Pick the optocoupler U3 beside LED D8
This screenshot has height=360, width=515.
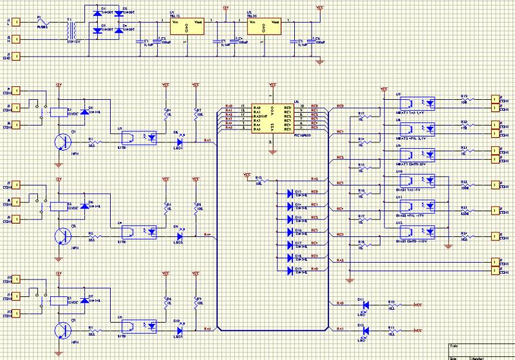pyautogui.click(x=139, y=137)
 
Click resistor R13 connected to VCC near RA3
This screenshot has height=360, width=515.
pyautogui.click(x=261, y=180)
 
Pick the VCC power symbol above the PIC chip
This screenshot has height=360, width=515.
pyautogui.click(x=272, y=85)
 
